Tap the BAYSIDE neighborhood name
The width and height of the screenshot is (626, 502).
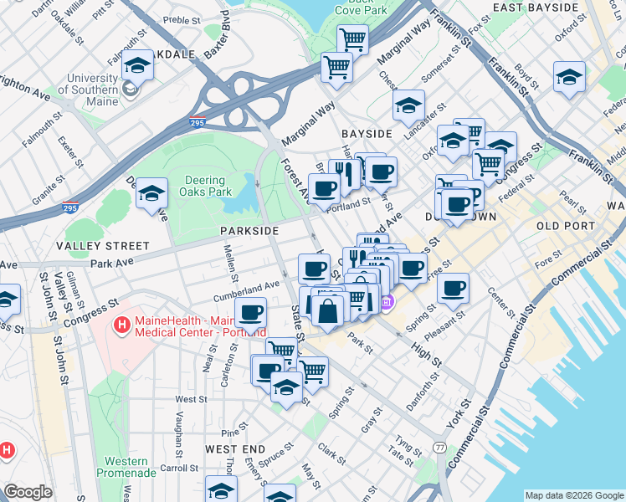point(367,134)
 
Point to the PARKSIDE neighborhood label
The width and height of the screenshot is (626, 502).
point(249,229)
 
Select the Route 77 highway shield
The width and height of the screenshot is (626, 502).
point(439,448)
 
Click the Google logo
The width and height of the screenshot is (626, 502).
point(28,492)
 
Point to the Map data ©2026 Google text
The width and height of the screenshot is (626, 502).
point(573,495)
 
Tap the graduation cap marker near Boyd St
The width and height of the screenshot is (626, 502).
point(569,77)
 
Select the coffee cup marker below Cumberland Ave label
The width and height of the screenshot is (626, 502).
point(250,315)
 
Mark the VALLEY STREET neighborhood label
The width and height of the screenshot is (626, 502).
point(102,246)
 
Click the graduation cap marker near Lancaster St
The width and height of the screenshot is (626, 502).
point(408,105)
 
